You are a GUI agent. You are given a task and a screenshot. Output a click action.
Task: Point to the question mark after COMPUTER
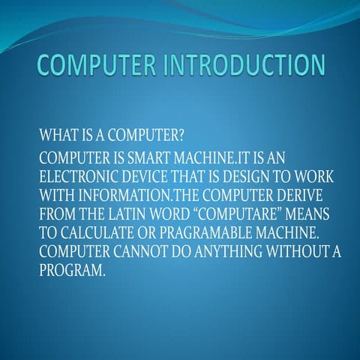(x=184, y=136)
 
